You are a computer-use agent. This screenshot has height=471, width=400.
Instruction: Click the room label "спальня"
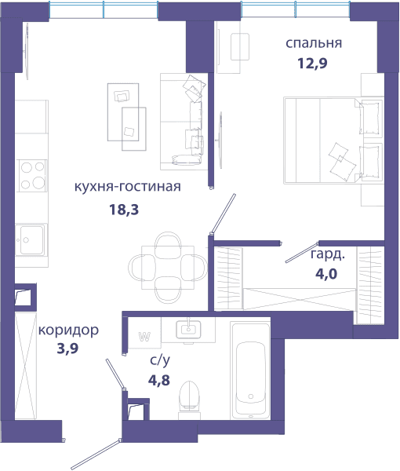pos(314,43)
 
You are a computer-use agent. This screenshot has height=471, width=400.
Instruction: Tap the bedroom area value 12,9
pos(312,64)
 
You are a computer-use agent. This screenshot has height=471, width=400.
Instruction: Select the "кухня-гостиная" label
pos(128,187)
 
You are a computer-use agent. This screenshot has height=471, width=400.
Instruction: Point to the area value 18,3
pos(124,210)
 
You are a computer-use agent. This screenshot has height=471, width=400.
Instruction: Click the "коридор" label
pos(68,330)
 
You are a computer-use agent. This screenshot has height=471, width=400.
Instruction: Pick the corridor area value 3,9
pos(67,349)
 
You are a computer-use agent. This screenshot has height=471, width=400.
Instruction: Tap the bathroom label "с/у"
pos(160,360)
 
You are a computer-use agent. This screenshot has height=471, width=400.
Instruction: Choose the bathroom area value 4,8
pos(159,380)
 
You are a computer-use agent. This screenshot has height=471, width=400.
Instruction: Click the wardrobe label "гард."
pos(328,254)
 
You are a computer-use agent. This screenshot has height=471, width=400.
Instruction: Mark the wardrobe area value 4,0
pos(326,274)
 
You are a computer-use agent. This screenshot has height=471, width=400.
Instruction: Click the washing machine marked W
pos(144,333)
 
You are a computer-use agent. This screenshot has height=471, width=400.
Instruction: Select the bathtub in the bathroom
pos(250,371)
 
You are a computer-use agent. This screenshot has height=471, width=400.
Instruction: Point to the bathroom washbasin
pos(188,329)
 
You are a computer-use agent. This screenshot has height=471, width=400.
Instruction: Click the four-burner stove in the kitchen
pos(32,175)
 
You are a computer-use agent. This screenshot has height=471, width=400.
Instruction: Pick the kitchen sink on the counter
pos(30,239)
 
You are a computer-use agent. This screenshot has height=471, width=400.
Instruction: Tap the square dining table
pos(168,268)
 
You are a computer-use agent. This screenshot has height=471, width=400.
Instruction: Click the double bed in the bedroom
pos(333,140)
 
